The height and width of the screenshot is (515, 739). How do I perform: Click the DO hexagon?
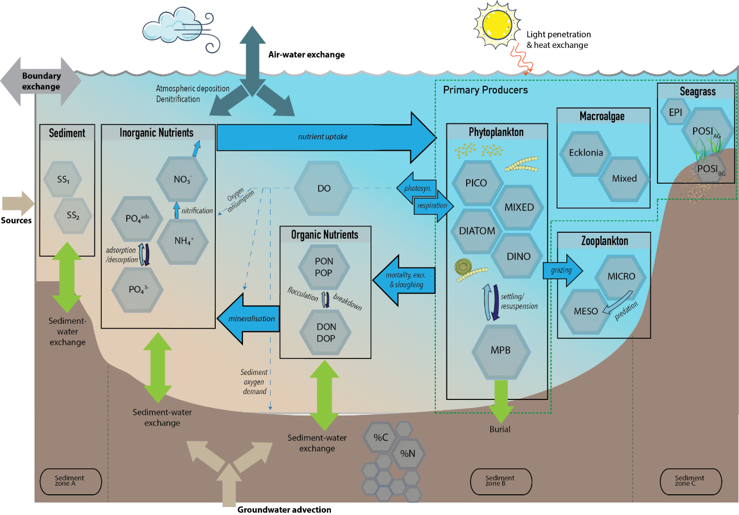[323, 188]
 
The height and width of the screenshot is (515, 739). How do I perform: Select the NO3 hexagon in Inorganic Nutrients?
[182, 179]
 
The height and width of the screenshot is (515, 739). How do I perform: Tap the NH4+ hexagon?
[183, 241]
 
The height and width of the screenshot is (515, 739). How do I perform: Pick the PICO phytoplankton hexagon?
[476, 183]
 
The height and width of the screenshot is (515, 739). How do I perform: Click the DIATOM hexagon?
[477, 231]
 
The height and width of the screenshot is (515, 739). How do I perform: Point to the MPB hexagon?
[500, 350]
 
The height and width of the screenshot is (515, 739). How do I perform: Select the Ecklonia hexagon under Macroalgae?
[586, 153]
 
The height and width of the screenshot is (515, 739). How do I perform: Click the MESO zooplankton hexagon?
[586, 311]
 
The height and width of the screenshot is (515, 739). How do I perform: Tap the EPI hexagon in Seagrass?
[675, 112]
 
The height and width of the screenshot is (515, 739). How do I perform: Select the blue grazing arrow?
[562, 270]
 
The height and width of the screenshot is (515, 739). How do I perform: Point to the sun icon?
[497, 24]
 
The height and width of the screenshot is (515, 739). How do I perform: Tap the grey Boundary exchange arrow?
[41, 81]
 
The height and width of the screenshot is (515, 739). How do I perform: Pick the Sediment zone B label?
[500, 481]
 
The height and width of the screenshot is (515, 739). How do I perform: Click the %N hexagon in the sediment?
[408, 453]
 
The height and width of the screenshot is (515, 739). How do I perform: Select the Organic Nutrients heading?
[324, 234]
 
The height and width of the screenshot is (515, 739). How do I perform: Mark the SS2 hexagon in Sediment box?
[73, 216]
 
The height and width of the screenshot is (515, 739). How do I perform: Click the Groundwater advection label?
[284, 510]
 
